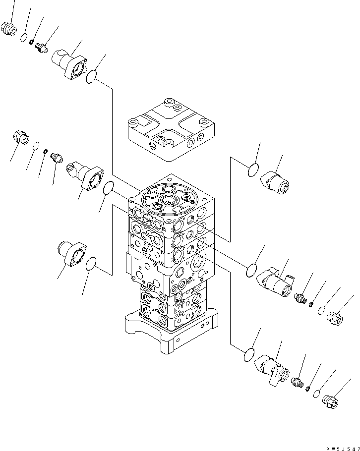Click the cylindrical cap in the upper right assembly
point(276,181)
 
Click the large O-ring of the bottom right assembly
point(250,355)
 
